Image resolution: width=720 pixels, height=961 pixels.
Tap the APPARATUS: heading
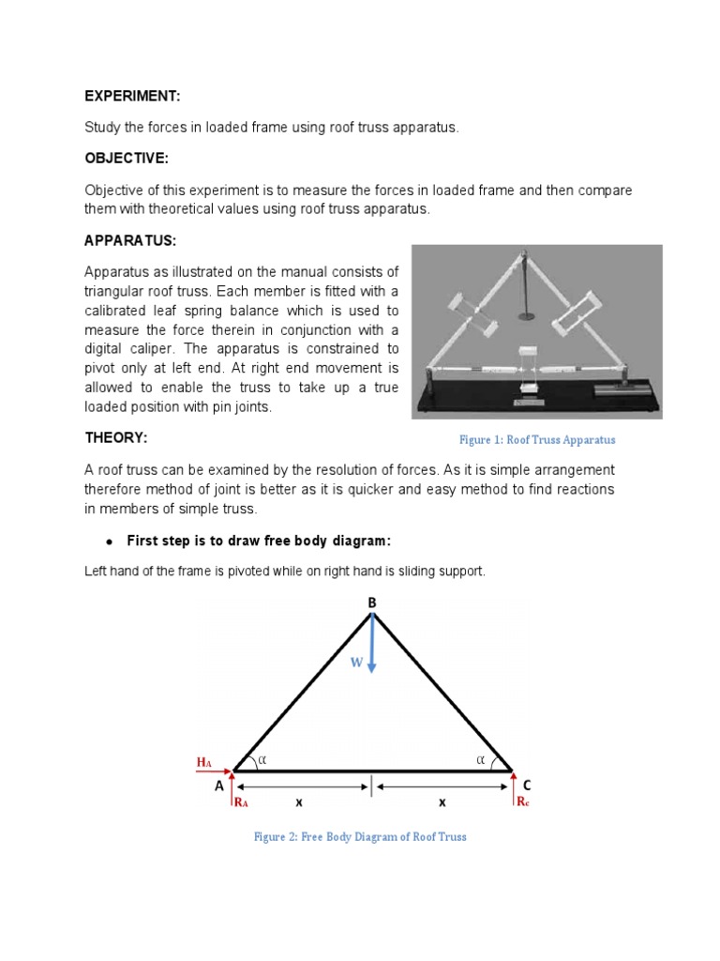(130, 241)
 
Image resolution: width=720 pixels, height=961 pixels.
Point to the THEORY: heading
(116, 438)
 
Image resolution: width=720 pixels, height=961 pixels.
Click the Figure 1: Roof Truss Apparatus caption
(536, 439)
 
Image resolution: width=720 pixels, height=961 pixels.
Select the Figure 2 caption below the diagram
(360, 836)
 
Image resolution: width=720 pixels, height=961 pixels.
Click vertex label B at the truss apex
(371, 601)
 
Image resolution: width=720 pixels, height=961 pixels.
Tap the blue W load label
(356, 663)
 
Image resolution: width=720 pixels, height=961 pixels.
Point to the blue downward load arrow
(372, 643)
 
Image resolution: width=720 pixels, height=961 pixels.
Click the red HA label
(205, 763)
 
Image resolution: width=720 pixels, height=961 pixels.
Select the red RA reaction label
(241, 802)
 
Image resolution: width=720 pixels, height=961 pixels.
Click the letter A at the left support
(219, 786)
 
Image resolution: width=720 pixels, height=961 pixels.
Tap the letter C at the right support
(526, 785)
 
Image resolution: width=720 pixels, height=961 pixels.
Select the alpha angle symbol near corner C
(481, 759)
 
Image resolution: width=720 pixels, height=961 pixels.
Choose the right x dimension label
(442, 803)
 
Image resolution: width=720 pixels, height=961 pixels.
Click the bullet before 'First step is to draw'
(110, 542)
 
